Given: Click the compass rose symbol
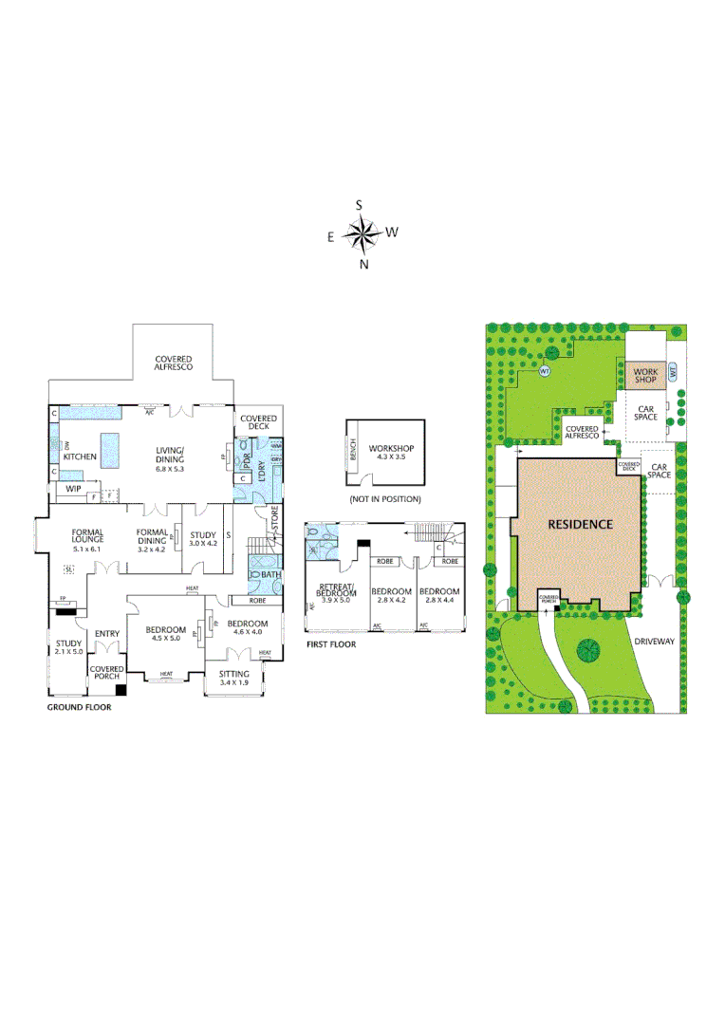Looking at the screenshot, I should [361, 232].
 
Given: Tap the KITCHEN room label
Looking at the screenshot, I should [81, 457].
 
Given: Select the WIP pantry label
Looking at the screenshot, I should [73, 491].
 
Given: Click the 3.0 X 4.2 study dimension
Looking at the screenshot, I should [204, 543].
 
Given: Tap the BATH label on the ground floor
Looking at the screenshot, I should [270, 574].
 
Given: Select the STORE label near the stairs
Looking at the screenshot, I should [276, 520].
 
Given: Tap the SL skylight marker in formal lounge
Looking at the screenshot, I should [68, 569].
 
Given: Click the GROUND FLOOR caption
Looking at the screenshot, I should [79, 707].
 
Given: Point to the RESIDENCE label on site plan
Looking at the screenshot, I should [579, 524].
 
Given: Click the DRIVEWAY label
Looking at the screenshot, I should [655, 642].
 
